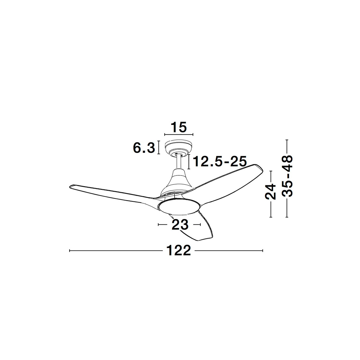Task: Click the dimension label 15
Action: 178,127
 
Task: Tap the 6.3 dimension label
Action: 144,148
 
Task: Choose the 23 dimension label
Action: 180,225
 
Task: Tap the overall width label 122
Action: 178,250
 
